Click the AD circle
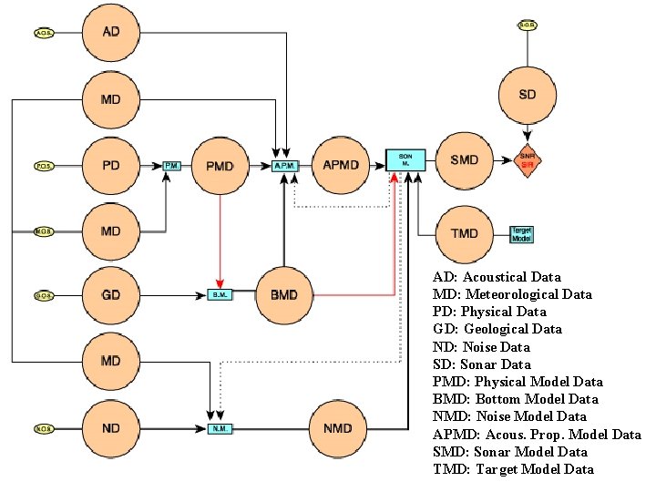[x=111, y=33]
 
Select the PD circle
[x=111, y=166]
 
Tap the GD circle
[x=111, y=295]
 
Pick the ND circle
[x=111, y=427]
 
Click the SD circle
[x=527, y=94]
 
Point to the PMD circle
[x=220, y=166]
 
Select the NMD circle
[x=337, y=427]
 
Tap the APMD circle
[x=341, y=165]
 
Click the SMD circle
[x=465, y=160]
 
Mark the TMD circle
[x=465, y=233]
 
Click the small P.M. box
[x=172, y=166]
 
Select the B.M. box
[x=219, y=295]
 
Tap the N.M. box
[x=219, y=427]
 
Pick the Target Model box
[x=522, y=234]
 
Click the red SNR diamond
[x=527, y=159]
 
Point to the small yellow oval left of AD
[x=44, y=34]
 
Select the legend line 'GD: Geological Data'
[x=497, y=329]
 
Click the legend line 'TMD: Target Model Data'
[x=513, y=469]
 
